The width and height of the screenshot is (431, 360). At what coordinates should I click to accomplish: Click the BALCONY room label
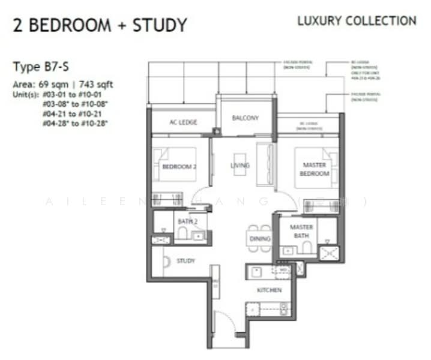(x=245, y=118)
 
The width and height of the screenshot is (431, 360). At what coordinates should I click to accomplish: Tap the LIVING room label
(x=240, y=165)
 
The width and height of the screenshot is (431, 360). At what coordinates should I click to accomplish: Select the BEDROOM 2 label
(x=179, y=167)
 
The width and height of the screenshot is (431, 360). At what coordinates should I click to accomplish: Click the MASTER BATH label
(x=301, y=232)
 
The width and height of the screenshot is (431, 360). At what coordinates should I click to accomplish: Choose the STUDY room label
(x=185, y=261)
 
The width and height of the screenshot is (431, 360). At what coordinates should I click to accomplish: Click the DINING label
(x=259, y=239)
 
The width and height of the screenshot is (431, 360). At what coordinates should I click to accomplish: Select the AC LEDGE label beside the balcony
(x=183, y=122)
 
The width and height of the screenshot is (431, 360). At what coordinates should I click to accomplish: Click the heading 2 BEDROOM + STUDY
(x=100, y=25)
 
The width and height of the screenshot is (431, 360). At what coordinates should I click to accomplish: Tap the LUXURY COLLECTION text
(x=357, y=21)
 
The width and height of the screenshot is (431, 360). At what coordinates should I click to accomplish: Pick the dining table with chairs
(x=259, y=238)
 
